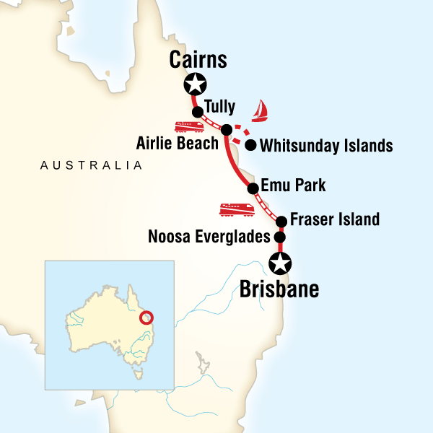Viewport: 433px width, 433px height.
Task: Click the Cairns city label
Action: point(197,60)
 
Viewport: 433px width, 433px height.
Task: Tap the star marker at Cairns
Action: point(193,84)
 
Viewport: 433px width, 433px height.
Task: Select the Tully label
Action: point(219,107)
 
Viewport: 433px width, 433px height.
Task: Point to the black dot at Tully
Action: point(197,112)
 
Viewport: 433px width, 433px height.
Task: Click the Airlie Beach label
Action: point(177,144)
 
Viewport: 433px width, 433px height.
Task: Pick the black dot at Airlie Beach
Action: point(226,131)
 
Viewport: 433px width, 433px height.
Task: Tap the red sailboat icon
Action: point(261,111)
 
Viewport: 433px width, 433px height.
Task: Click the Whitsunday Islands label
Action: point(325,146)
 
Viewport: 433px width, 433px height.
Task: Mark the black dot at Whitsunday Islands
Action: point(250,145)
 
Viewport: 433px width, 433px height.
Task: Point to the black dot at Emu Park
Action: point(253,189)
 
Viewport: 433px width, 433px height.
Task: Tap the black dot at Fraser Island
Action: point(281,221)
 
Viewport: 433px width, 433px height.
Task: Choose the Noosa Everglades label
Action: point(208,236)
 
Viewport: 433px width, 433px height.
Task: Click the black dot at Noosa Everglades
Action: point(279,237)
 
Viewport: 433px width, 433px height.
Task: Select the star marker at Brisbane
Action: point(279,263)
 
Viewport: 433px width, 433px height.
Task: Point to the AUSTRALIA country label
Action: point(91,166)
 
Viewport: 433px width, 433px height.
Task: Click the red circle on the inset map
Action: point(147,318)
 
